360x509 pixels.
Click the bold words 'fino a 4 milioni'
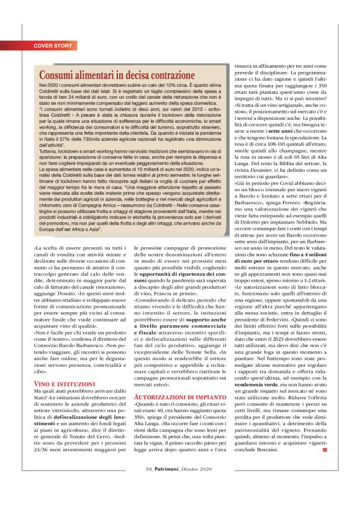298,256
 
